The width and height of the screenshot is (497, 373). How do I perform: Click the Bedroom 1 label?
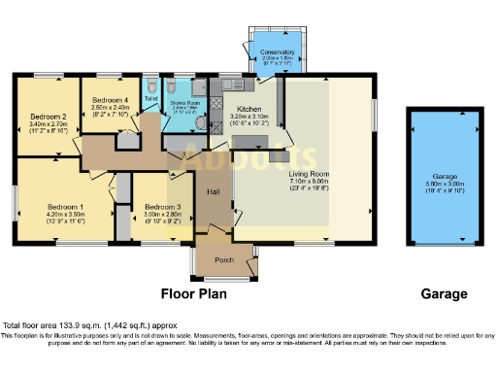click(68, 207)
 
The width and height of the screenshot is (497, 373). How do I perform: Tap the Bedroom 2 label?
click(48, 116)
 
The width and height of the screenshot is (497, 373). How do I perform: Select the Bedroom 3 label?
click(162, 207)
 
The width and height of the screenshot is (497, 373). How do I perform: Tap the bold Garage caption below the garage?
click(444, 293)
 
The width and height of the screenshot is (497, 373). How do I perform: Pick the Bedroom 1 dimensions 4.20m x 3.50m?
click(68, 215)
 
